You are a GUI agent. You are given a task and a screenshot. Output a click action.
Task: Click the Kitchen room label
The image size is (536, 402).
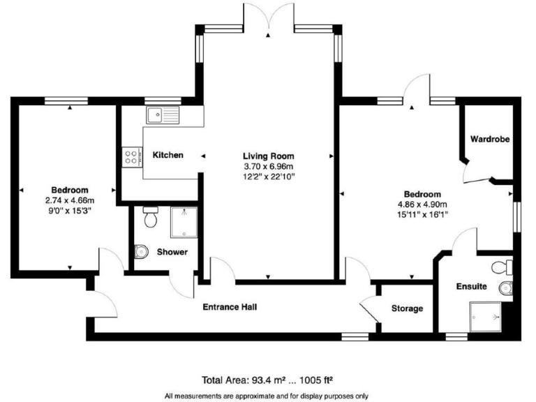click(x=168, y=155)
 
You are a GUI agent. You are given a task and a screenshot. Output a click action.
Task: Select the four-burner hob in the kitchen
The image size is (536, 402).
click(x=130, y=158)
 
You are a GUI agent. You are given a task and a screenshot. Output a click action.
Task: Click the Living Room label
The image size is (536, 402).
click(x=268, y=156)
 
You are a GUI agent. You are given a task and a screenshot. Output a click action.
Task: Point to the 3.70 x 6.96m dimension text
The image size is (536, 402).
click(x=268, y=167)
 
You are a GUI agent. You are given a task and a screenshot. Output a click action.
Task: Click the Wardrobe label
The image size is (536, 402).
click(x=489, y=139)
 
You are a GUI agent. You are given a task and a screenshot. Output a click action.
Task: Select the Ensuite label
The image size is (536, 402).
click(x=472, y=286)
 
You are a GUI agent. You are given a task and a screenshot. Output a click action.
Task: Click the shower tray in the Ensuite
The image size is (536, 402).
click(x=486, y=315)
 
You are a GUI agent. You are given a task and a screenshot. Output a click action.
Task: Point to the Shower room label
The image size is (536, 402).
click(x=172, y=252)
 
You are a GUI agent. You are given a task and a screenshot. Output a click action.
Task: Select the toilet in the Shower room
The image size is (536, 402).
click(x=149, y=218)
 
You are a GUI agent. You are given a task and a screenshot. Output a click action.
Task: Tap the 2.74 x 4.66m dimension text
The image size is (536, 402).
click(x=69, y=200)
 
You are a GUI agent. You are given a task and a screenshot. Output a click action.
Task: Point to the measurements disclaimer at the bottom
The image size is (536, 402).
click(x=267, y=396)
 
